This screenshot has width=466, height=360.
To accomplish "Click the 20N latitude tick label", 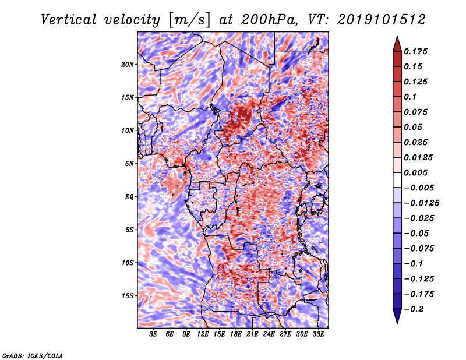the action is [128, 65].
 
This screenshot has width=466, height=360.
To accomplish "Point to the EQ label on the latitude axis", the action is [129, 197].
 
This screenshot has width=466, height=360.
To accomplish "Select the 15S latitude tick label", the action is [128, 296].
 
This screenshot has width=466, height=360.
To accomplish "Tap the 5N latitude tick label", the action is [129, 164].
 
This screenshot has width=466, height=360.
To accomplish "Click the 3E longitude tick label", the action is [153, 334].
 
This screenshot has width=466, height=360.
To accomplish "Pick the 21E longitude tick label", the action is [252, 334].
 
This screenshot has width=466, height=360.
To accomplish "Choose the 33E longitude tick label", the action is [318, 334].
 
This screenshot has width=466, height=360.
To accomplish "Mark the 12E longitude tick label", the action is [202, 334].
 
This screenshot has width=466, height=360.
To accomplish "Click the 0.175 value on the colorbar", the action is [415, 51].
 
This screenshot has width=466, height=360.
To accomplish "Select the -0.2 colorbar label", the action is [414, 309].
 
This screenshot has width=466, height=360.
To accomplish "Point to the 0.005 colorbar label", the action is [415, 172].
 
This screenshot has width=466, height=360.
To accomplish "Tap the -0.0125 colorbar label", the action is [421, 203].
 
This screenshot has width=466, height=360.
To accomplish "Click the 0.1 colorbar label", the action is [410, 97].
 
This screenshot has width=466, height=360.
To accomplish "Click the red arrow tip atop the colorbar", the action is [397, 36].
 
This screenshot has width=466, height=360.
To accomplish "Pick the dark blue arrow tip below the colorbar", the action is [397, 323].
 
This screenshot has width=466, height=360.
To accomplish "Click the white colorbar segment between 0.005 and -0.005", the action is [397, 180].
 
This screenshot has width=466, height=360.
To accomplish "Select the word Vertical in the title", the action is [69, 20].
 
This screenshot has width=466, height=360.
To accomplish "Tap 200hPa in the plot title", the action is [269, 20].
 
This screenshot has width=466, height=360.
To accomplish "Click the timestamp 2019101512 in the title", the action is [382, 20].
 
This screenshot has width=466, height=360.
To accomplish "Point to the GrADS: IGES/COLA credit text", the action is [33, 356].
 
